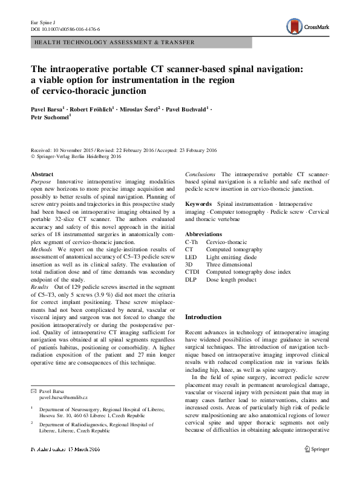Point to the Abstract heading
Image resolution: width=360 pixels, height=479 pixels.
(42, 174)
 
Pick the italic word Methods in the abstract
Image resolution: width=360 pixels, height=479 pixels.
(42, 248)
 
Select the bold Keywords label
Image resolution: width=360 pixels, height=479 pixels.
(198, 205)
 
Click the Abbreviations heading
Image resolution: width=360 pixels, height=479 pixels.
(204, 234)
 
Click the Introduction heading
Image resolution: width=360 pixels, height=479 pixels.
(203, 317)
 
